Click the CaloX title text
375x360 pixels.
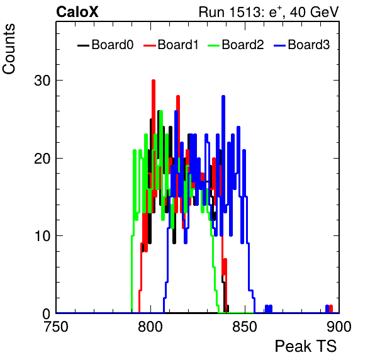tap(77, 12)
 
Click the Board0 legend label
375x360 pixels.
tap(113, 45)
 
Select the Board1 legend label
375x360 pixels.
tap(178, 45)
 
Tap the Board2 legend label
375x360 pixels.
tap(243, 45)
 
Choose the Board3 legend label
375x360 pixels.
tap(309, 45)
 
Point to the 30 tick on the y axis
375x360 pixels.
tap(42, 81)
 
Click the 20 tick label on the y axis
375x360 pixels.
tap(42, 159)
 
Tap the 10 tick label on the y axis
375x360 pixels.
tap(42, 236)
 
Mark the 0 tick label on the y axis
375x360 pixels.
tap(47, 314)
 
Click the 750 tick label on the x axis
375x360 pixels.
tap(56, 327)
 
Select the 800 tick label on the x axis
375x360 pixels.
tap(150, 327)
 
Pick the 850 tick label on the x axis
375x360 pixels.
tap(245, 327)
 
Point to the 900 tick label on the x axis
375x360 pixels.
tap(339, 327)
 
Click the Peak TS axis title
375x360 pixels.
tap(306, 346)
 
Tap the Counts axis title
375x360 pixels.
tap(9, 49)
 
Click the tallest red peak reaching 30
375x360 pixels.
tap(154, 81)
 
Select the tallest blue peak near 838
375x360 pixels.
tap(223, 97)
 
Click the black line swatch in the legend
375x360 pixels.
tap(83, 45)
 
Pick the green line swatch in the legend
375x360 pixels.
tap(213, 45)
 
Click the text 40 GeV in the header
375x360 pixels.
tap(314, 13)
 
